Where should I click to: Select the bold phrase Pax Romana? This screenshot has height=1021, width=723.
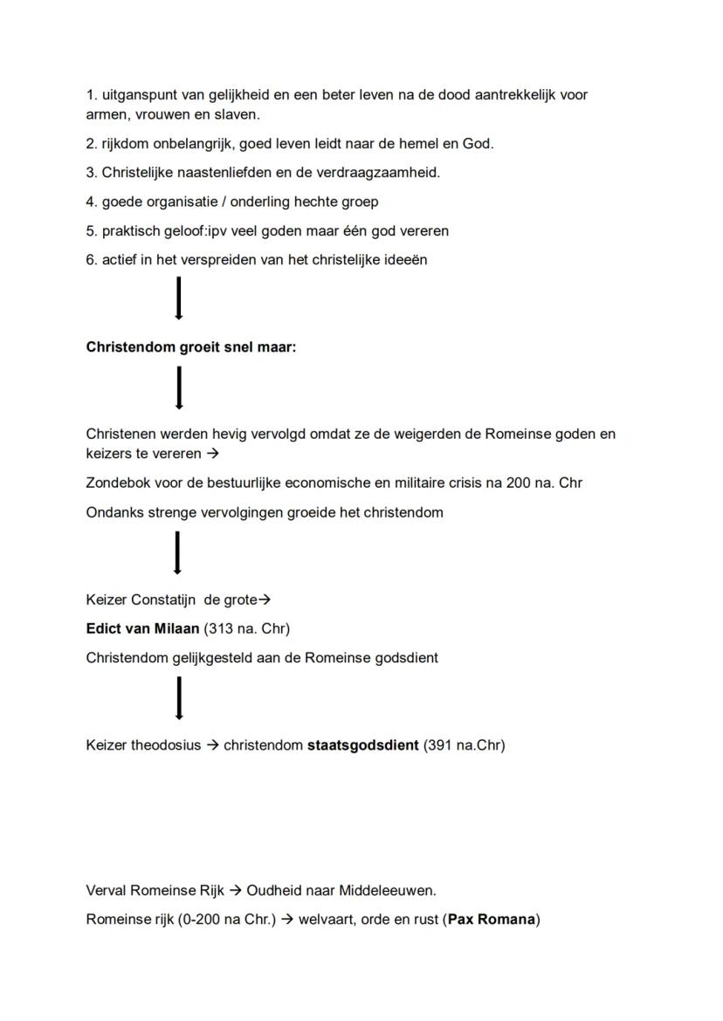click(x=492, y=919)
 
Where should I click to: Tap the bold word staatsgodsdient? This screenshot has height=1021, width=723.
click(x=362, y=745)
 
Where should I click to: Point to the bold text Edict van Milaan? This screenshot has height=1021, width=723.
click(x=142, y=628)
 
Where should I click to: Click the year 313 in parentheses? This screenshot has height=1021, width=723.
click(x=218, y=628)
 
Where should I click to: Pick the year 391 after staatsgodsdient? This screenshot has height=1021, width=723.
click(x=441, y=745)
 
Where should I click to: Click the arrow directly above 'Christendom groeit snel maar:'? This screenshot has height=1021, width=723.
click(x=179, y=298)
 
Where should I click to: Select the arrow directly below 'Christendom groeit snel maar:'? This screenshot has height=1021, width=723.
click(x=179, y=387)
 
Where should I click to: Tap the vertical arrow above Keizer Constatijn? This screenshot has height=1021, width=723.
click(x=178, y=553)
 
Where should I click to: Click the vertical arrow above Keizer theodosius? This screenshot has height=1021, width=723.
click(x=179, y=698)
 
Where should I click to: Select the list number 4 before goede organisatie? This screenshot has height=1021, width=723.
click(x=91, y=202)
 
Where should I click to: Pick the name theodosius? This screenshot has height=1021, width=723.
click(x=166, y=745)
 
